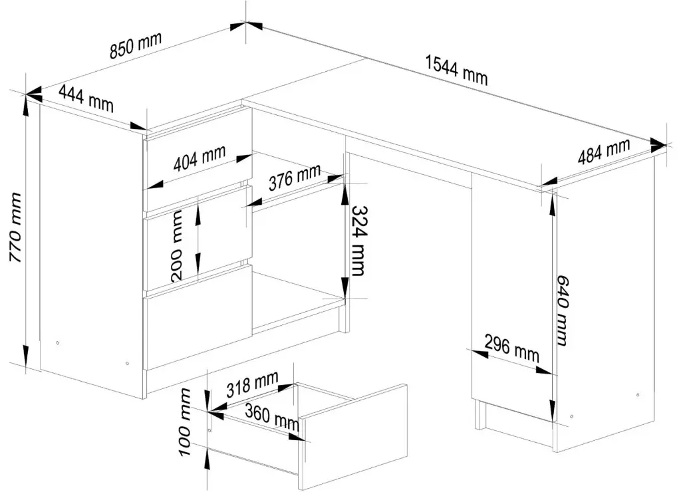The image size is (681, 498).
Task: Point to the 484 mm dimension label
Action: (x=603, y=154)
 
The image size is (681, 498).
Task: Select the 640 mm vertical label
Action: (x=562, y=311)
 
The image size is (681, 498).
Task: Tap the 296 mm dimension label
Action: (x=511, y=348)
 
